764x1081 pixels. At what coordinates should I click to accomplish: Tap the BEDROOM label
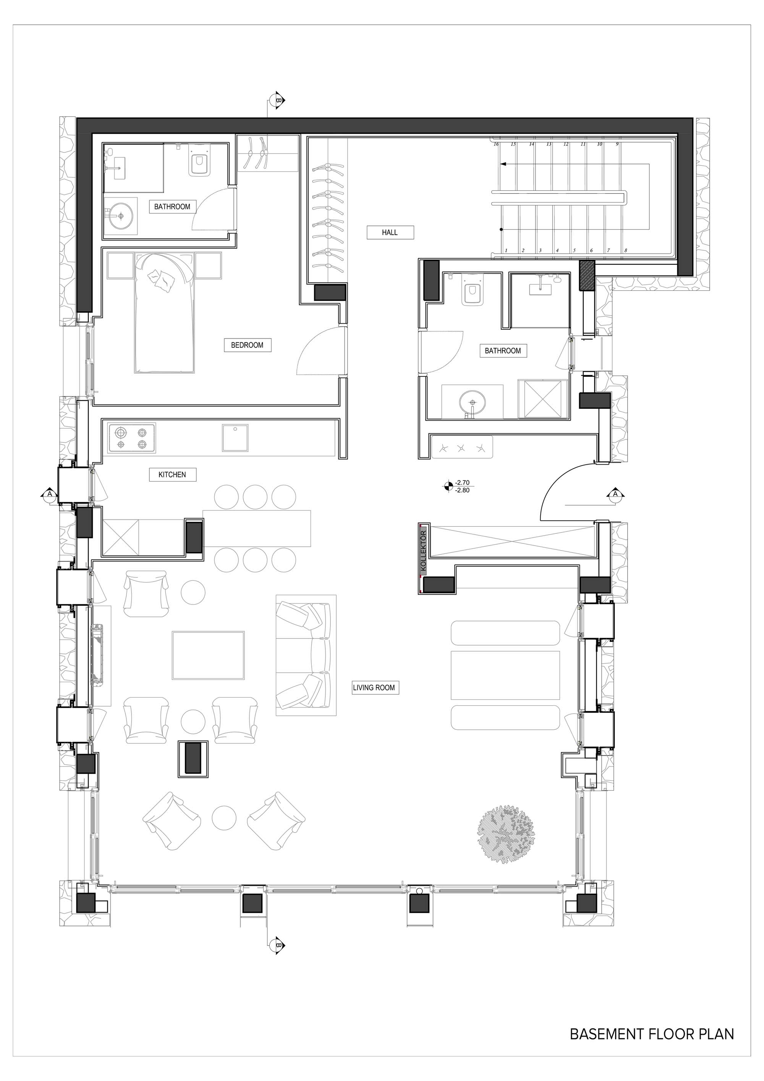click(x=247, y=345)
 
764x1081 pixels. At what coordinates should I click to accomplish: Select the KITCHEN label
click(x=172, y=474)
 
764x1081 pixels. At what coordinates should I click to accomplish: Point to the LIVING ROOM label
click(x=374, y=687)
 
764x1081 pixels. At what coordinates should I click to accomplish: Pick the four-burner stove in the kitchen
click(x=132, y=438)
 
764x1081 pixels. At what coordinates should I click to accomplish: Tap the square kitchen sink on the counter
click(x=235, y=438)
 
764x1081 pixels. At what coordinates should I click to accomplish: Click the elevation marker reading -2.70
click(x=462, y=482)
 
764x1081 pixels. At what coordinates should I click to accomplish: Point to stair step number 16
click(x=496, y=144)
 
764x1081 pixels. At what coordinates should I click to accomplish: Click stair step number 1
click(x=506, y=251)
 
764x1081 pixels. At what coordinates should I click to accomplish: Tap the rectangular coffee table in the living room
click(x=208, y=655)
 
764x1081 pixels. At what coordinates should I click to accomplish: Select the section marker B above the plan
click(x=278, y=100)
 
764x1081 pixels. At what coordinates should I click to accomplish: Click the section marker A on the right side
click(x=615, y=494)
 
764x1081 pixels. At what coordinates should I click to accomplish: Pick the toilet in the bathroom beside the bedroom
click(x=199, y=160)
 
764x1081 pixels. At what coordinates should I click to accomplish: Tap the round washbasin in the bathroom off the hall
click(x=472, y=402)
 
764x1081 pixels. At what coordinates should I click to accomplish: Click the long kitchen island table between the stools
click(x=257, y=528)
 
